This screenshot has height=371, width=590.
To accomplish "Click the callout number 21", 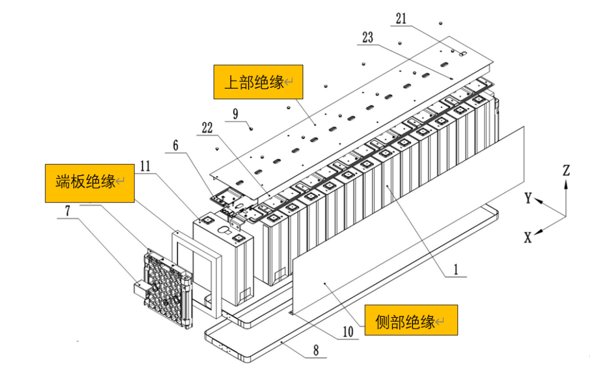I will (x=401, y=19).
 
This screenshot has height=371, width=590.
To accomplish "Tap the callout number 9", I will (x=235, y=114).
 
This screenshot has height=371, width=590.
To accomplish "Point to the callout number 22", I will (x=206, y=127).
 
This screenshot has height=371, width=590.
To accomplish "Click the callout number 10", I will (x=347, y=332).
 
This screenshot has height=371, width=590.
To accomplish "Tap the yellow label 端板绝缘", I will (x=90, y=182).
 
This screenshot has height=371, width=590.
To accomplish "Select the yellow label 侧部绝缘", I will (x=410, y=320).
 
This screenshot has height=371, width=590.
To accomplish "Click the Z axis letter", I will (x=566, y=171).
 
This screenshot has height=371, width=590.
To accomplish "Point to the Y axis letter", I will (x=528, y=198).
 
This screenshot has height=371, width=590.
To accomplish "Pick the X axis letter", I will (x=528, y=237).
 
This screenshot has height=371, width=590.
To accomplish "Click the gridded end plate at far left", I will (x=165, y=287).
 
